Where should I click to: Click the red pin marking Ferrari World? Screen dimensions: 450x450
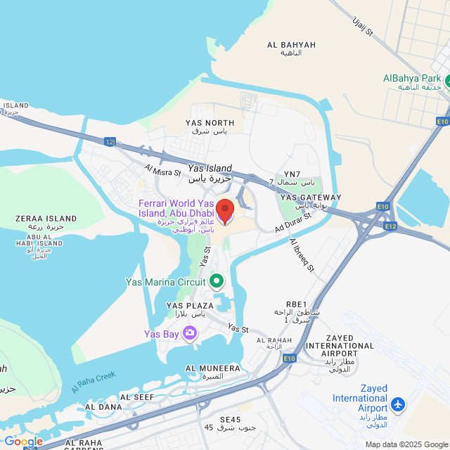coord(224,211)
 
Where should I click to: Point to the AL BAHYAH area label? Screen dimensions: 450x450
coord(291,45)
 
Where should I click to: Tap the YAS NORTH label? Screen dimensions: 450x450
coord(210,123)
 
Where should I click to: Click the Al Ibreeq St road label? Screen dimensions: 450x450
coord(303,256)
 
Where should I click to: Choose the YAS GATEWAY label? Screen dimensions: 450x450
coord(310,198)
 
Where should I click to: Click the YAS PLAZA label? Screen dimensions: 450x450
coord(189,306)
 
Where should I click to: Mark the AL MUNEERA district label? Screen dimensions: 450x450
coord(212,368)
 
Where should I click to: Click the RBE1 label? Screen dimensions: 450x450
coord(297,304)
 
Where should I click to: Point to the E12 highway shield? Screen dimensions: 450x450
coord(391,226)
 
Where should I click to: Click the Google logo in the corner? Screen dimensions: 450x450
coord(22,441)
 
